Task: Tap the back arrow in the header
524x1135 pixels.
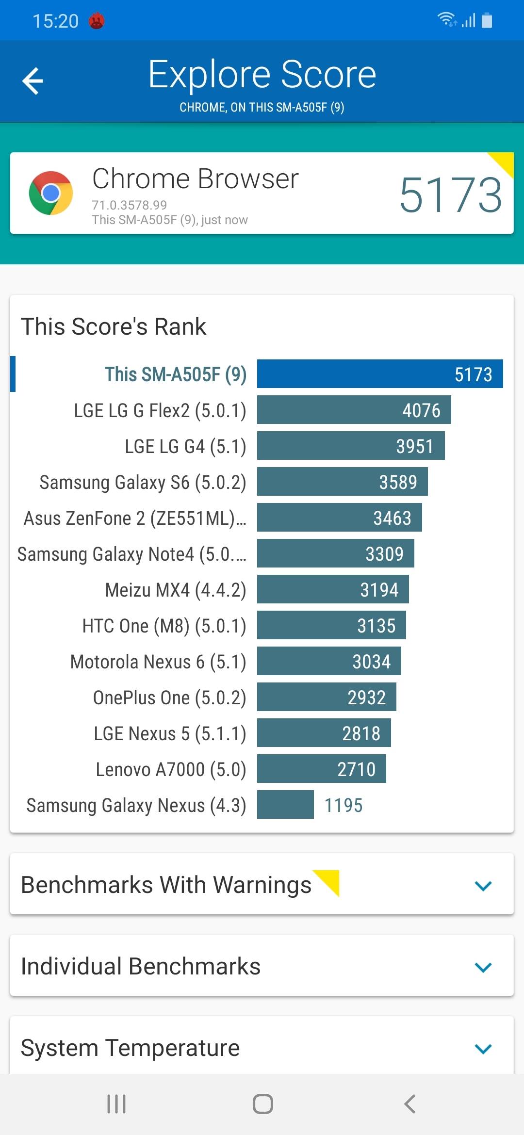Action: (x=33, y=81)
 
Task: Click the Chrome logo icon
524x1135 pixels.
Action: (x=51, y=193)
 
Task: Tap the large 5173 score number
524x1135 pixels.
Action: (x=450, y=195)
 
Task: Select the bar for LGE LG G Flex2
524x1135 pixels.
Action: (x=354, y=410)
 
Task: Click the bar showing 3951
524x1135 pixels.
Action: (x=350, y=446)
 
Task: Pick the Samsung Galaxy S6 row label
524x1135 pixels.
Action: (x=143, y=482)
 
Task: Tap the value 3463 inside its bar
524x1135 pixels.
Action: (x=392, y=518)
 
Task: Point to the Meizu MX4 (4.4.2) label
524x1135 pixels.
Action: (x=176, y=590)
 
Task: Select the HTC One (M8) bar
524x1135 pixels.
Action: (x=331, y=626)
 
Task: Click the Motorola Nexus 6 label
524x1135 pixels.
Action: (x=158, y=662)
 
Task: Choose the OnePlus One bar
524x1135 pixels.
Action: (x=326, y=697)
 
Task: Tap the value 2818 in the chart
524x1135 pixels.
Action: (x=361, y=733)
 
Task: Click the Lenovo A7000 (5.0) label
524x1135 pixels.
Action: (x=171, y=769)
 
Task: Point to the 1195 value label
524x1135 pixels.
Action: (x=343, y=805)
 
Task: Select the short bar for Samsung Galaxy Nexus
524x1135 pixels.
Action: (x=285, y=805)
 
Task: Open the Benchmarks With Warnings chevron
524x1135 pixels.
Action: (x=483, y=886)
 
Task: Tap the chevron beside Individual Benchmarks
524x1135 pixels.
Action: (x=483, y=967)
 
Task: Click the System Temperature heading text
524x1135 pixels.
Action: (x=130, y=1048)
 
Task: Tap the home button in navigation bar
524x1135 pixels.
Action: (x=262, y=1104)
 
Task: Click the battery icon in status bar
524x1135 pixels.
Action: (x=487, y=20)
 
